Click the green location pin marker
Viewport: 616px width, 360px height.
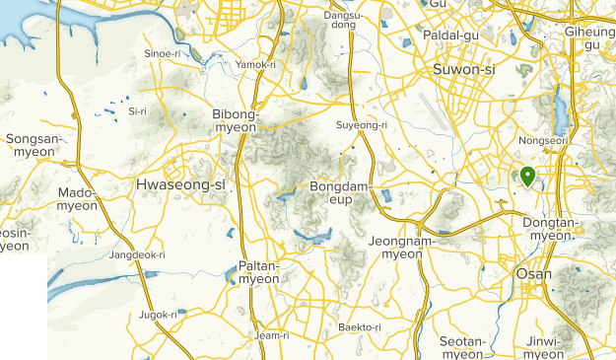click(527, 177)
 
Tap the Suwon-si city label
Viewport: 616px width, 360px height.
click(465, 70)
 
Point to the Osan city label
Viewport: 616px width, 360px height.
click(534, 273)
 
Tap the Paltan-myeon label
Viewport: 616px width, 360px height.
click(259, 272)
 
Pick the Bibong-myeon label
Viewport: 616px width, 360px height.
click(236, 120)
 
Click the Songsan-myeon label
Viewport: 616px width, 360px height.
click(34, 146)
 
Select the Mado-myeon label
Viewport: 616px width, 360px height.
click(78, 198)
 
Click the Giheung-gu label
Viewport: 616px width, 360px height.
click(592, 36)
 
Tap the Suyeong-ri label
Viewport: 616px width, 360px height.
click(362, 125)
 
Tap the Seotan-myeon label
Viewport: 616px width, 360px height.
click(463, 347)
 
